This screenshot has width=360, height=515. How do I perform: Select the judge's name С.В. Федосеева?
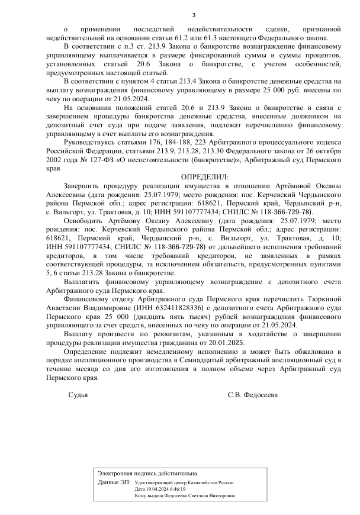point(252,395)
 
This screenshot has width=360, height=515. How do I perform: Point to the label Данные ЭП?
point(114,483)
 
